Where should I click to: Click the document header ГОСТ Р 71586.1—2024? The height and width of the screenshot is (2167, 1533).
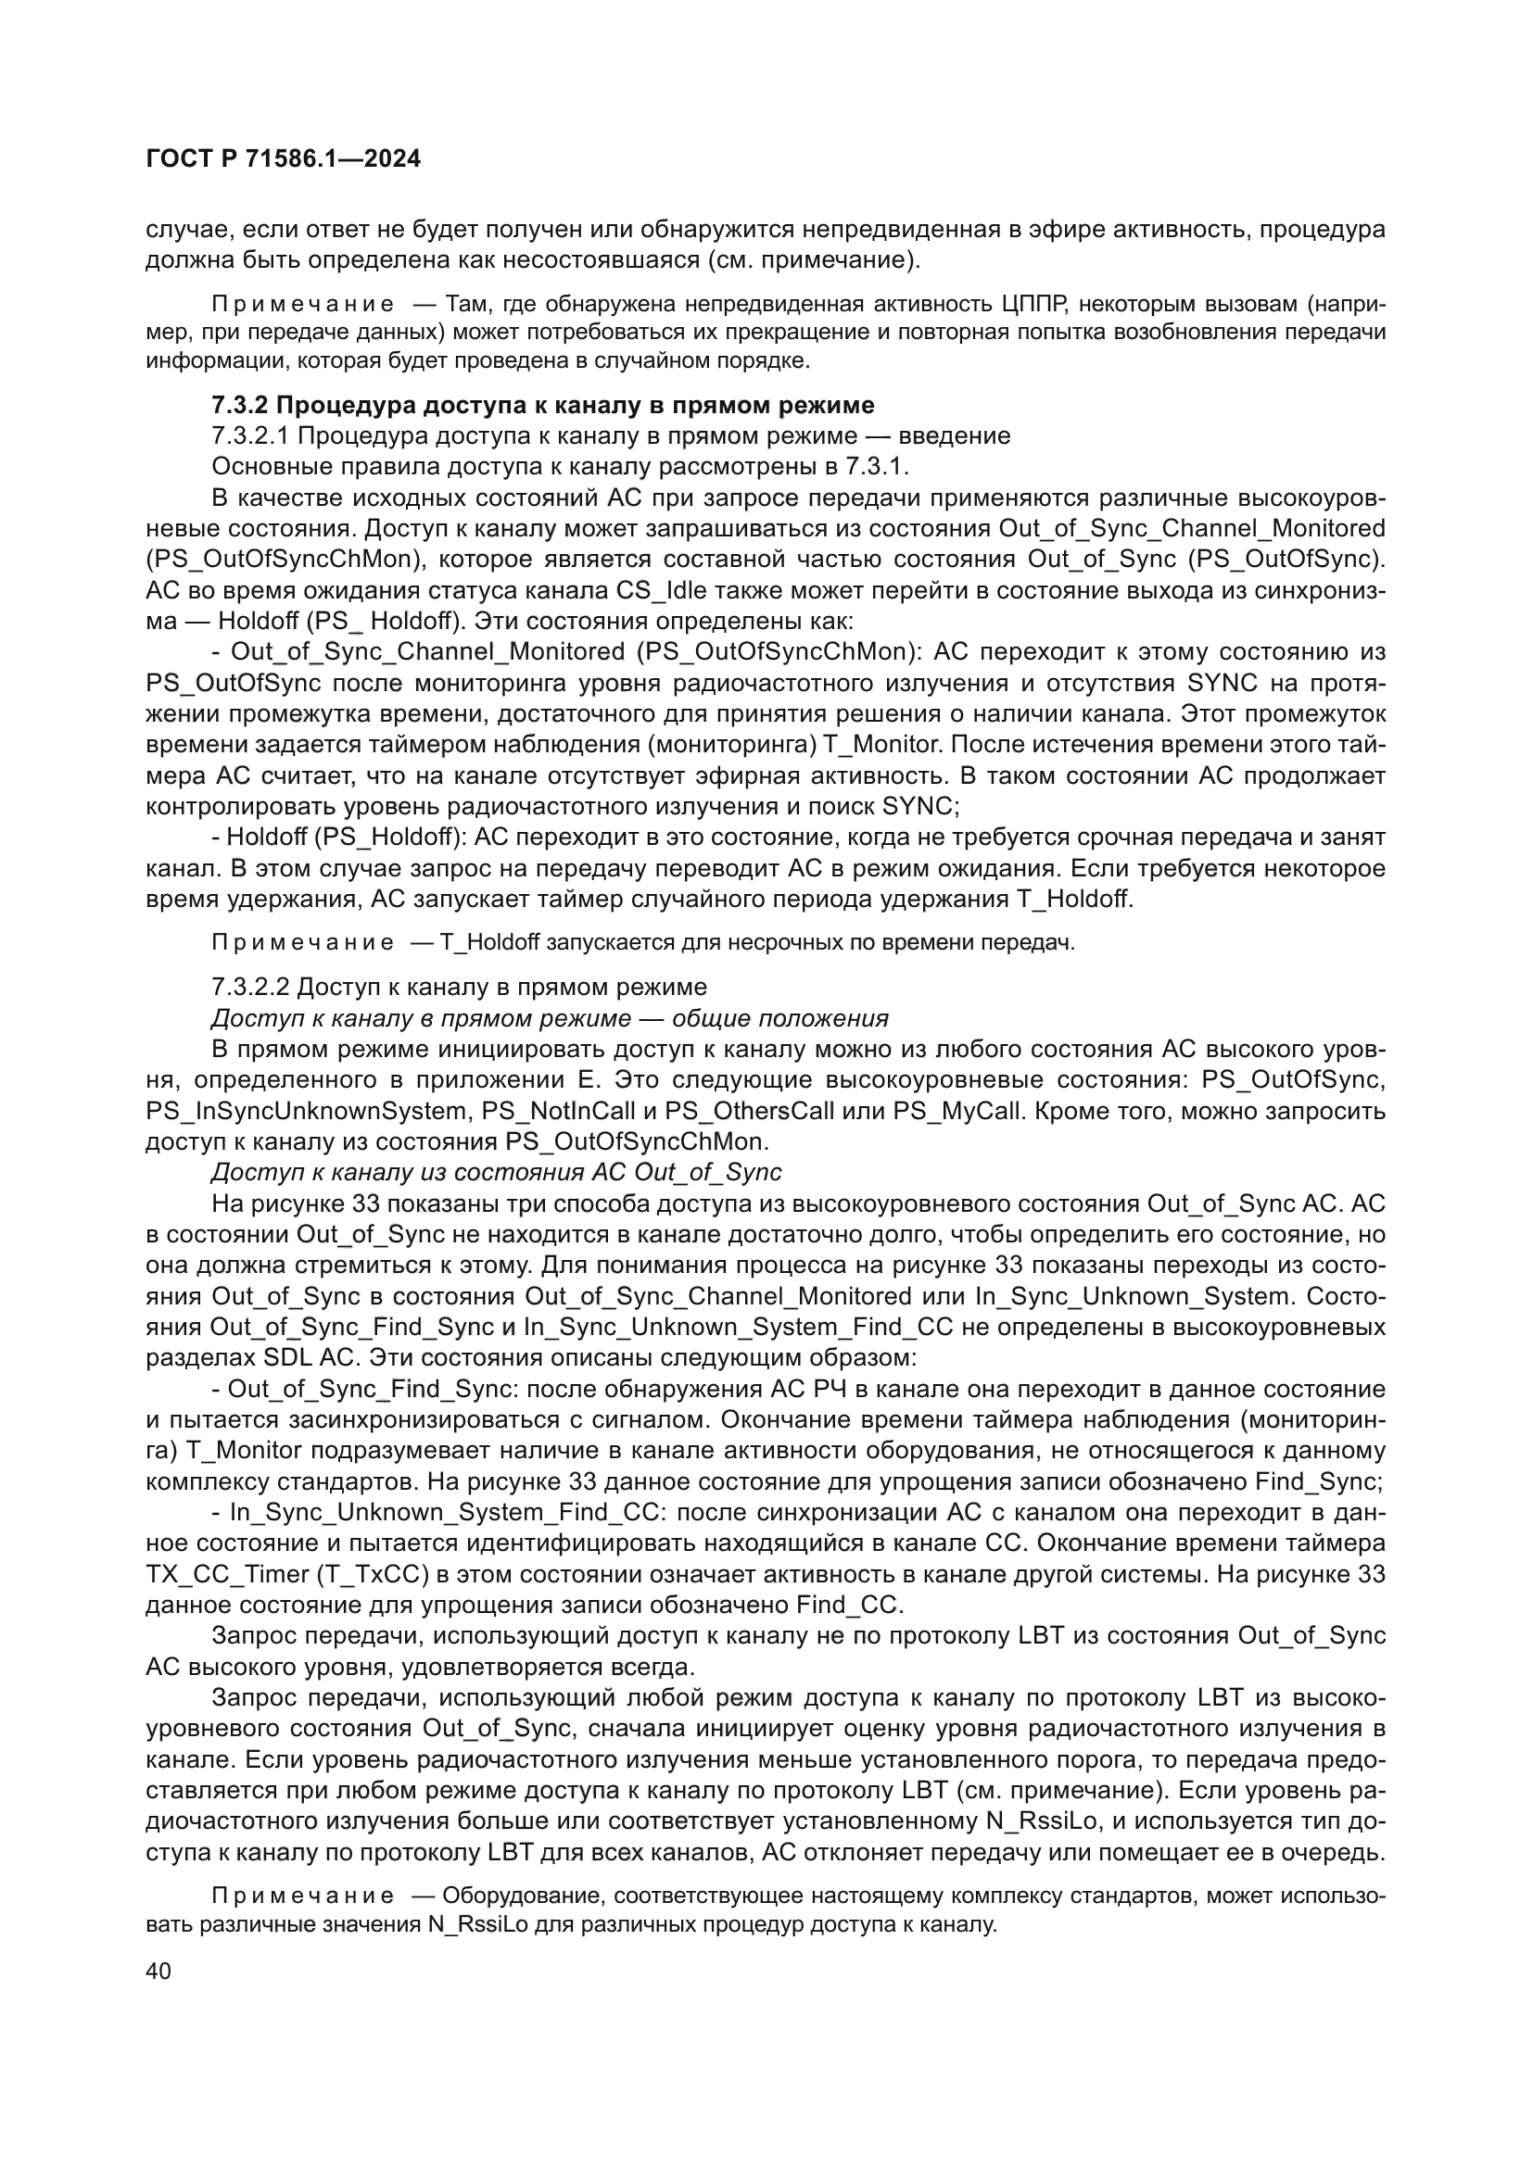tap(284, 159)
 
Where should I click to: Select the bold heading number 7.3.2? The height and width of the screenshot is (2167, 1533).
tap(240, 405)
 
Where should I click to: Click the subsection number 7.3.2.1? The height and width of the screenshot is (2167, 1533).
tap(251, 436)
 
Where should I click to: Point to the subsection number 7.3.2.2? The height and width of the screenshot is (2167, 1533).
tap(251, 988)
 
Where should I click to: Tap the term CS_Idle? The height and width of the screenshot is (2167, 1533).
tap(665, 591)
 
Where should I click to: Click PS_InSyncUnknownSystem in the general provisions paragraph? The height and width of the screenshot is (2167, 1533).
tap(309, 1111)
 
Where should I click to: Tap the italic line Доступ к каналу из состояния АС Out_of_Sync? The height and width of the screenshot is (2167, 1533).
tap(497, 1173)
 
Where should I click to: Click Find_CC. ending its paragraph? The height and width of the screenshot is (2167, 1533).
tap(850, 1606)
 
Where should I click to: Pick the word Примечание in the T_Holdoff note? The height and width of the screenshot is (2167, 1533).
tap(302, 943)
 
